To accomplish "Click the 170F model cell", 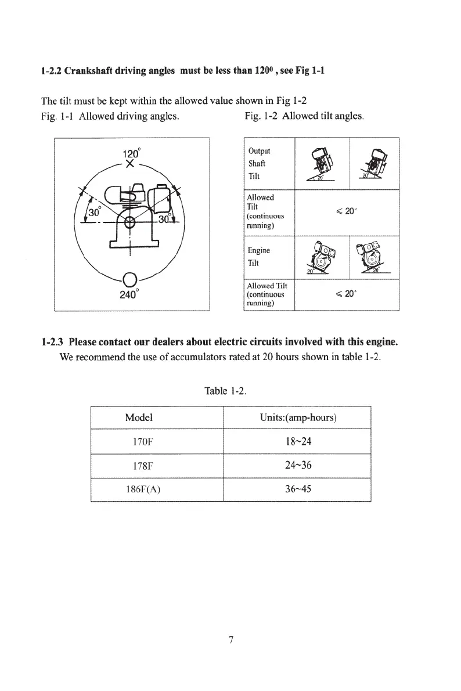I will (143, 441).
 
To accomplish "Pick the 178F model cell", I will (143, 465).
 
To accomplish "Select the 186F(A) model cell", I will (143, 489).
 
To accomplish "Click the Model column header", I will (139, 418).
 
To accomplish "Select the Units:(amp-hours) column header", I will (300, 418).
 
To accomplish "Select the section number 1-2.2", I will (51, 72).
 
